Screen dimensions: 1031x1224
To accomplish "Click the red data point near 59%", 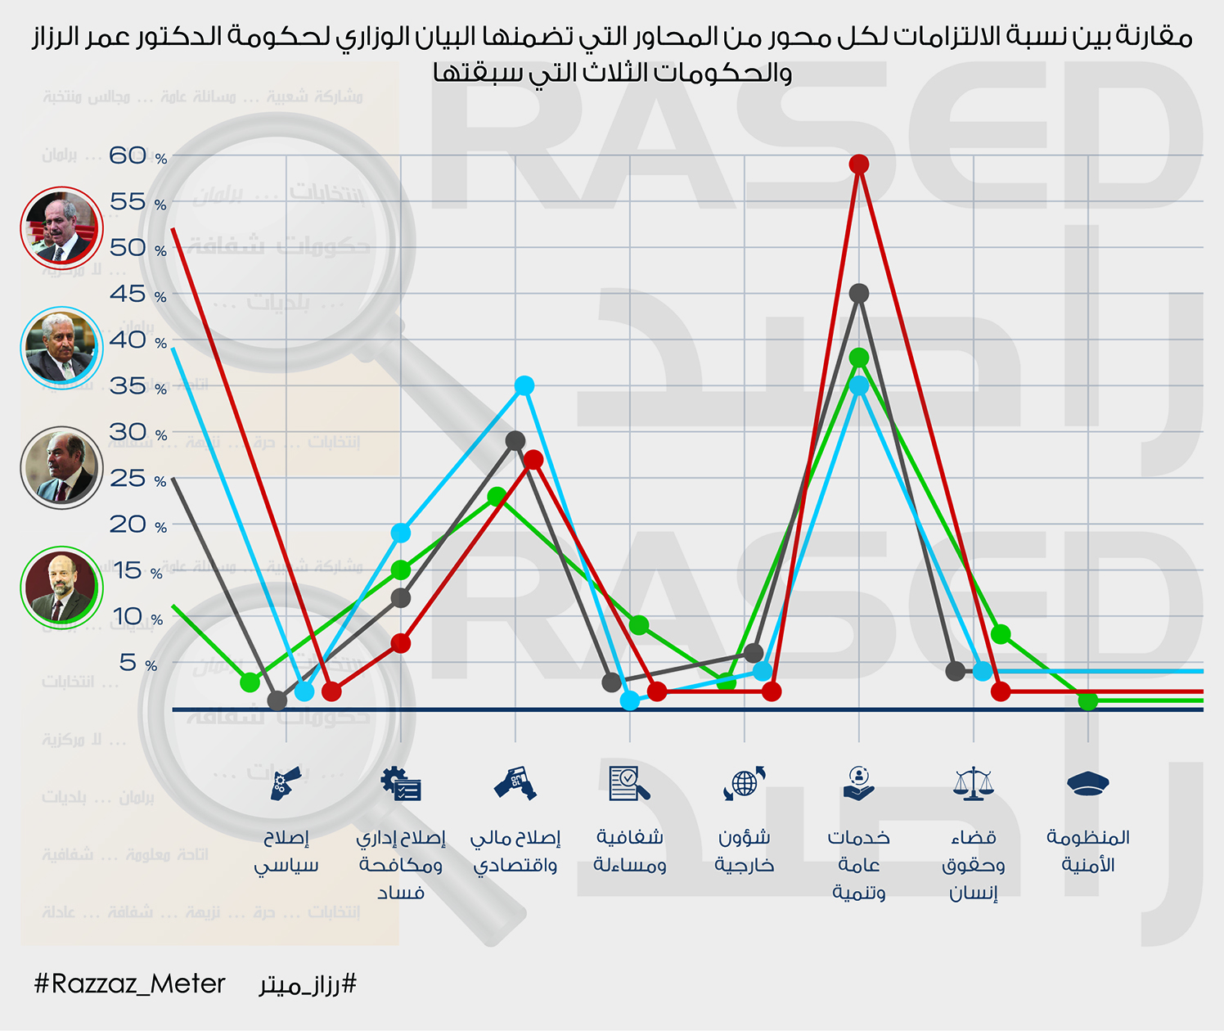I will pyautogui.click(x=858, y=164).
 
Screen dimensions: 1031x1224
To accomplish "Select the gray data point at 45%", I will pyautogui.click(x=858, y=293).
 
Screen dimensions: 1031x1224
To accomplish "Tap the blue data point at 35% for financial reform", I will pyautogui.click(x=524, y=385).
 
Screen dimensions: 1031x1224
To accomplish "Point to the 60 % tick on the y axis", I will pyautogui.click(x=137, y=155).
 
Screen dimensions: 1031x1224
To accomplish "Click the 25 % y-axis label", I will pyautogui.click(x=137, y=479).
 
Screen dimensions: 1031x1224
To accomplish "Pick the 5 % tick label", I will pyautogui.click(x=137, y=663).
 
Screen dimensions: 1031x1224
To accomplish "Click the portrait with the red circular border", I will pyautogui.click(x=61, y=227).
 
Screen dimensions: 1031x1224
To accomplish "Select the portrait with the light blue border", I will pyautogui.click(x=61, y=347).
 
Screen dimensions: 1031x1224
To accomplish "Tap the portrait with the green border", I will pyautogui.click(x=61, y=587).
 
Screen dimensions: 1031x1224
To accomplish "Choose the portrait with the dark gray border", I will pyautogui.click(x=61, y=467).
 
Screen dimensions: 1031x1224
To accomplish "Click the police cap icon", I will pyautogui.click(x=1087, y=784).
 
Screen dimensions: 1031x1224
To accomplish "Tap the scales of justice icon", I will pyautogui.click(x=973, y=784).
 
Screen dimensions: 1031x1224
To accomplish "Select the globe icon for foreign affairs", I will pyautogui.click(x=744, y=784).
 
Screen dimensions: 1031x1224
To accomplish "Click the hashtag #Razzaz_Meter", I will pyautogui.click(x=129, y=984).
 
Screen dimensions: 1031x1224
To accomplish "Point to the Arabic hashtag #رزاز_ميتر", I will pyautogui.click(x=308, y=984).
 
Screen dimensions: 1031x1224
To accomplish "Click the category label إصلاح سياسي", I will pyautogui.click(x=286, y=851).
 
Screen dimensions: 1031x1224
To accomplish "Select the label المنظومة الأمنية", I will pyautogui.click(x=1087, y=851).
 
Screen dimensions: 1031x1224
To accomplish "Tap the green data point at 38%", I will pyautogui.click(x=858, y=358).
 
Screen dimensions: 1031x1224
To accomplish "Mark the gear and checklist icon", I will pyautogui.click(x=400, y=784).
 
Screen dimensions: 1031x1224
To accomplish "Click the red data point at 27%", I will pyautogui.click(x=533, y=460).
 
